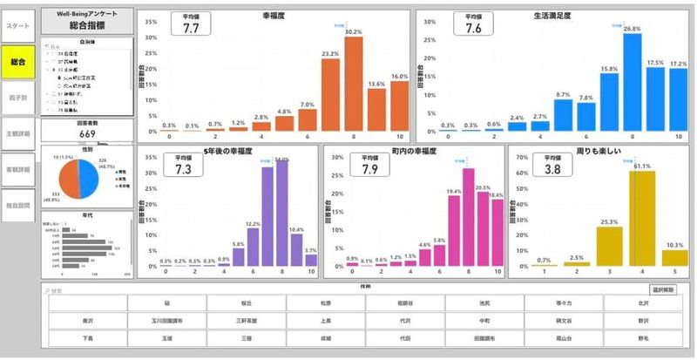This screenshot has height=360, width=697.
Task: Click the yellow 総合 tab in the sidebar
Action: coord(18,62)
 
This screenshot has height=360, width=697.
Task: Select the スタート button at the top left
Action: coord(18,25)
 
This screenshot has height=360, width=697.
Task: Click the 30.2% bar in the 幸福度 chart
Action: coord(354,83)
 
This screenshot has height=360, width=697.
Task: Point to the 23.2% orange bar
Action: coord(331,95)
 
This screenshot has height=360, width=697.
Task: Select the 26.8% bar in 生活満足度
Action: coord(633,83)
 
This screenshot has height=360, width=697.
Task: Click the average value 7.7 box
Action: coord(192,24)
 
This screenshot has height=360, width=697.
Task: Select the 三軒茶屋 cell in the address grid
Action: coord(246,319)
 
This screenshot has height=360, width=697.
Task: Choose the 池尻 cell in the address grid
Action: coord(484,302)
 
